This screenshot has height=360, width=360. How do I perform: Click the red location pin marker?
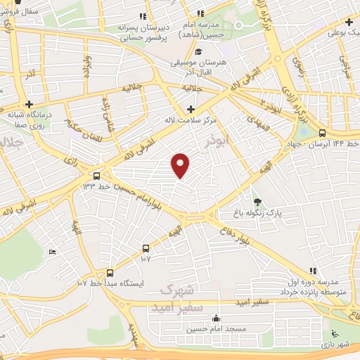181,165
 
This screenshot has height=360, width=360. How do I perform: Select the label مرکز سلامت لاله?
191,120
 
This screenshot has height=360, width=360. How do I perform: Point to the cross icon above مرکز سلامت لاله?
191,108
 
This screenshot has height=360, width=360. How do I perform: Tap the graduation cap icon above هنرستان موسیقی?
199,52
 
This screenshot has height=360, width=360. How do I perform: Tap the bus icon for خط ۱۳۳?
96,175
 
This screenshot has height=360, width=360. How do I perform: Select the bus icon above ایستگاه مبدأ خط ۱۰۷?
110,272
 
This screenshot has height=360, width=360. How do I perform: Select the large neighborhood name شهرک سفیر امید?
181,297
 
